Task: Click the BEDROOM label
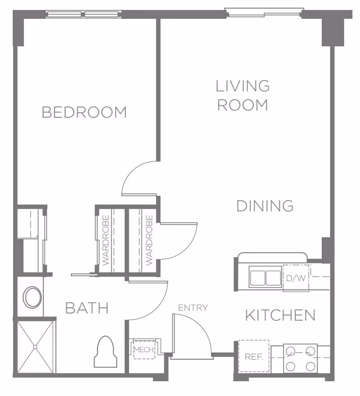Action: click(x=84, y=112)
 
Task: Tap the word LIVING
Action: click(x=243, y=86)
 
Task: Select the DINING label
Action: click(x=265, y=206)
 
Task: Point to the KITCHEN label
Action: click(x=280, y=315)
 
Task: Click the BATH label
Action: click(x=87, y=308)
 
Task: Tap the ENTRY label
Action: click(x=193, y=308)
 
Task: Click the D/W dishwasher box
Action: click(x=296, y=278)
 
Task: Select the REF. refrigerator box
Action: click(x=253, y=356)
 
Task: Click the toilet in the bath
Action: click(x=105, y=352)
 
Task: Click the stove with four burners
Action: click(x=300, y=358)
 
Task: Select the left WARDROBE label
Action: click(x=106, y=240)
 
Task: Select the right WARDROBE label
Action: click(x=149, y=240)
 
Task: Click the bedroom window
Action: click(x=84, y=14)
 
